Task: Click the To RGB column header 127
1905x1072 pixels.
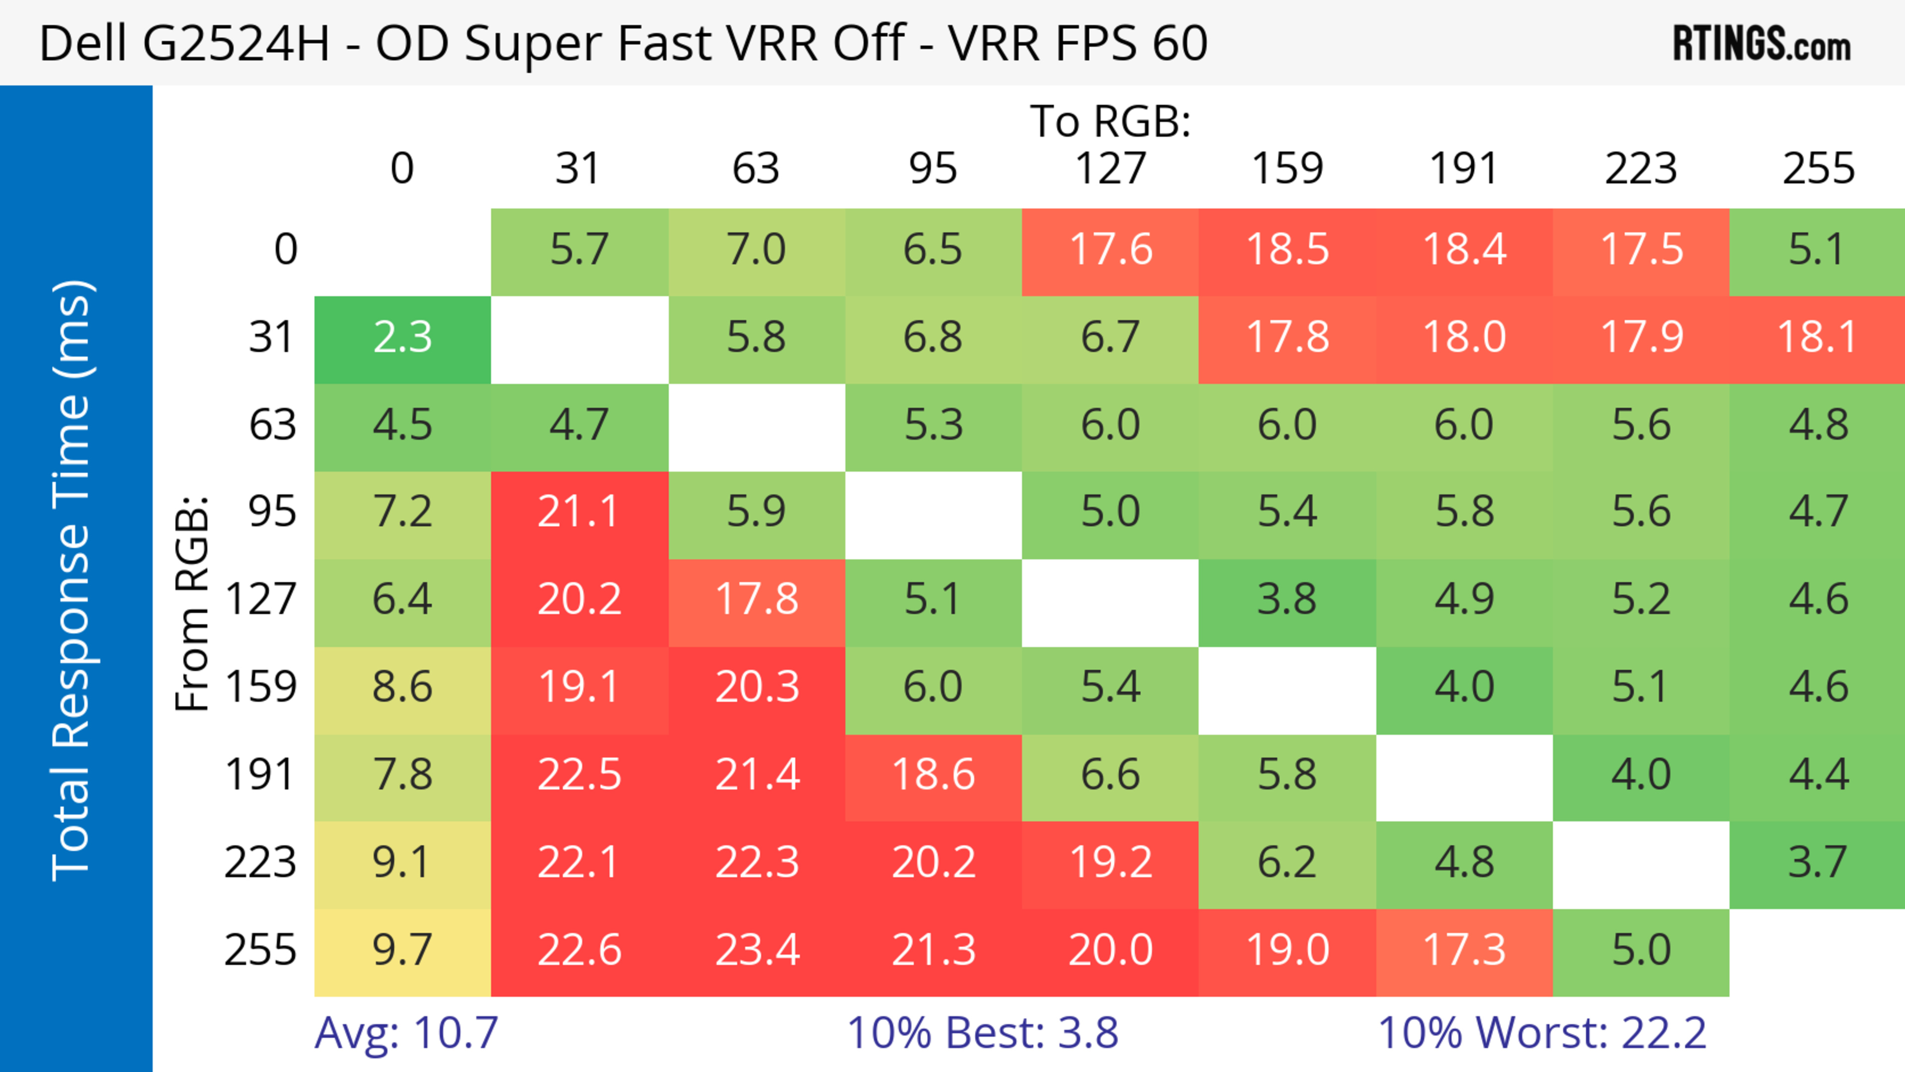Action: [x=1110, y=169]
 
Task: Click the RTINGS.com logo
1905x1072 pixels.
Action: [x=1762, y=44]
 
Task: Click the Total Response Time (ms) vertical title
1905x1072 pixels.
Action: [x=72, y=580]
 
